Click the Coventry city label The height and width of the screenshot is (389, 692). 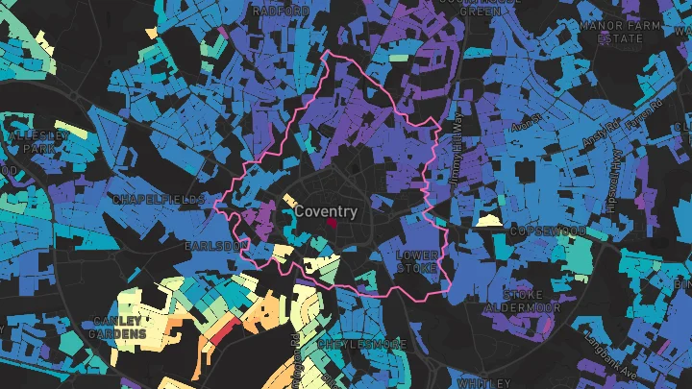point(326,211)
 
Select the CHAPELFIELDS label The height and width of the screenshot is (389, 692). point(159,199)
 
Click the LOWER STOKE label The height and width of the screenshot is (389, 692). point(417,261)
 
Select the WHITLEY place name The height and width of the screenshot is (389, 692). point(478,382)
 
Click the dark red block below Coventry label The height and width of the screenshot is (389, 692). point(333,223)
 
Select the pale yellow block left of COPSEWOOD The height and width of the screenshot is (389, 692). point(488,220)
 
